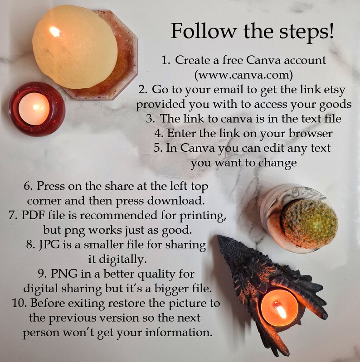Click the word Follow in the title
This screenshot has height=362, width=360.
coord(204,31)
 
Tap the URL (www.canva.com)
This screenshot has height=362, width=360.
coord(243,75)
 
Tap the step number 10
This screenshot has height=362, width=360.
coord(20,303)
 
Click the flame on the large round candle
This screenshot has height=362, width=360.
coord(55,32)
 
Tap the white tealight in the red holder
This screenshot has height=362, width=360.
coord(34,109)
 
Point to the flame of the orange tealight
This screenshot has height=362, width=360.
coord(280,310)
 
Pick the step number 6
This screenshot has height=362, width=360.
coord(28,186)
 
